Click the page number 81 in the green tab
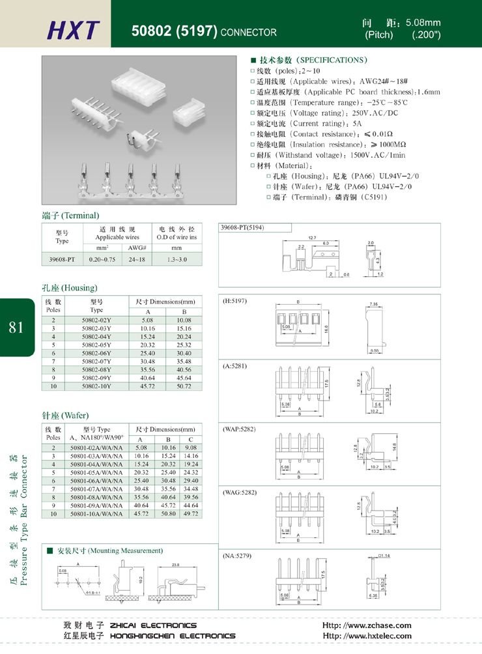pos(16,327)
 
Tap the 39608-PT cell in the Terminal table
pos(63,259)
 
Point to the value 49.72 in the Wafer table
pos(191,514)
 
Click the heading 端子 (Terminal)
pos(70,215)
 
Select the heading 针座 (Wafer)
pos(65,416)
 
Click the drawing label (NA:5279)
pos(238,556)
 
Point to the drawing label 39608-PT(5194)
pos(245,228)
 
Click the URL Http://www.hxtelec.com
pos(367,636)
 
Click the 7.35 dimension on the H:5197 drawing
pos(374,305)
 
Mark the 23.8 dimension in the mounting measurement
pos(176,564)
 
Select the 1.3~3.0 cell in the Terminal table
pos(177,259)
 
